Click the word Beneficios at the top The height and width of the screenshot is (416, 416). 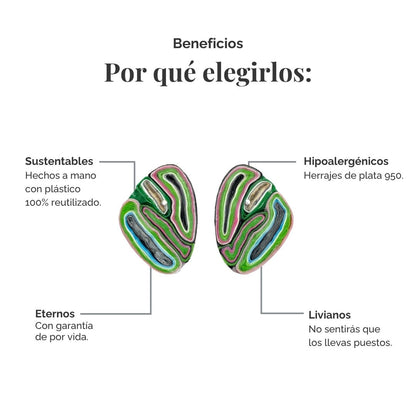coord(208,43)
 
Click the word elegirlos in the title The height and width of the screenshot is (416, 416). coord(257,73)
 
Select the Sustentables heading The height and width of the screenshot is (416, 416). coord(59,161)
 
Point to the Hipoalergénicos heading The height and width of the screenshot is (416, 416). coord(346,162)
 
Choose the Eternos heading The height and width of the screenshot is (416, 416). coord(55,314)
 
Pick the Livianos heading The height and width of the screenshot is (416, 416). coord(329,315)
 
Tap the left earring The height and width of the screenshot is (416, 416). coord(158,219)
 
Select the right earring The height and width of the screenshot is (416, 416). coord(254,219)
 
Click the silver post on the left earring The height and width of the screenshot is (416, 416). coord(164,202)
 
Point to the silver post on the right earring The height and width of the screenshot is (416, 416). coord(247,202)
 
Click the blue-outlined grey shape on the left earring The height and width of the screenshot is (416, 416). coord(149,241)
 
